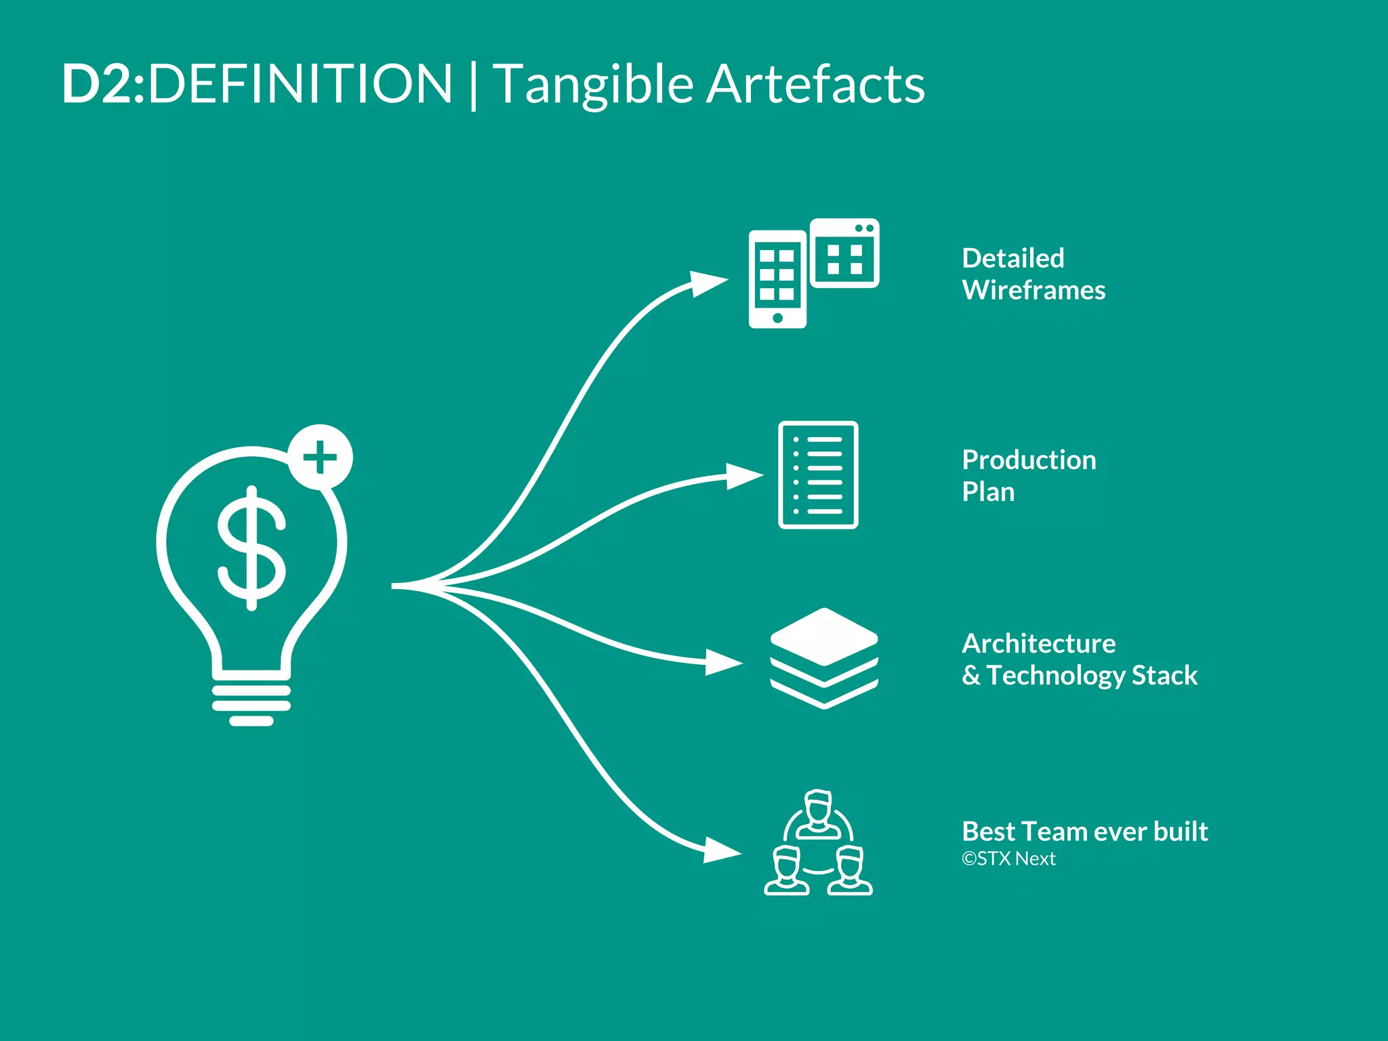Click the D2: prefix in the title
[104, 84]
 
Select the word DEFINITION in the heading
[300, 84]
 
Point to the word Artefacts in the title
[815, 84]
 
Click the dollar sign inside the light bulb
[251, 548]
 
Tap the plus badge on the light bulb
[320, 457]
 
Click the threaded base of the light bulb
[251, 705]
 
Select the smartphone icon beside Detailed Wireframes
[777, 279]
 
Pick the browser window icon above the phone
[844, 252]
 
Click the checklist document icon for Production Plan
[818, 474]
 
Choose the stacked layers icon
[824, 658]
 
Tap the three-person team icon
[818, 843]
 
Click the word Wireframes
[1034, 290]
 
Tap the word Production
[1029, 460]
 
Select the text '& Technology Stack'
[1080, 675]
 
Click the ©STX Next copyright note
[1008, 859]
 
